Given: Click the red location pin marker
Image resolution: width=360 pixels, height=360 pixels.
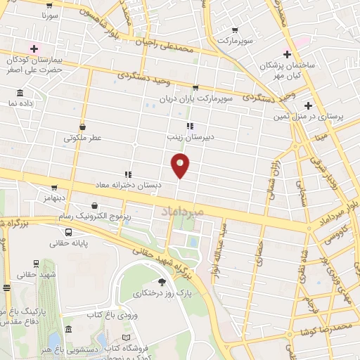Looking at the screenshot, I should coord(180,165).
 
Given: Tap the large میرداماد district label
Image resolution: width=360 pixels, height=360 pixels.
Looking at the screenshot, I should coord(182,210).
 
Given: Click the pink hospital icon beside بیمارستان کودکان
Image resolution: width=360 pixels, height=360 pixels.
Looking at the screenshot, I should coord(32,48).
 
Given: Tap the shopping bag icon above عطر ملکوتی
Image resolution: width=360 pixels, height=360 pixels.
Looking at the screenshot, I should coord(84,127).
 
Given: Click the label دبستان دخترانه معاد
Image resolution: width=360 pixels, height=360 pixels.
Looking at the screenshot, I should coord(129,184).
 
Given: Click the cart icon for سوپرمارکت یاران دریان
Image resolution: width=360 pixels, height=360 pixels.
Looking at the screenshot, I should coord(195,87).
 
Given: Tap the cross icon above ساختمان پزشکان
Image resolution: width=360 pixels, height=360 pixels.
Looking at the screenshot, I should coord(287,54).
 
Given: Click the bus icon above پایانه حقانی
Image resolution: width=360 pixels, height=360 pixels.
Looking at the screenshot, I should coord(68,233).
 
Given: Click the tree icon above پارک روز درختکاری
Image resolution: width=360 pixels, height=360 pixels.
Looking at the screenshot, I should coord(162,281).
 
